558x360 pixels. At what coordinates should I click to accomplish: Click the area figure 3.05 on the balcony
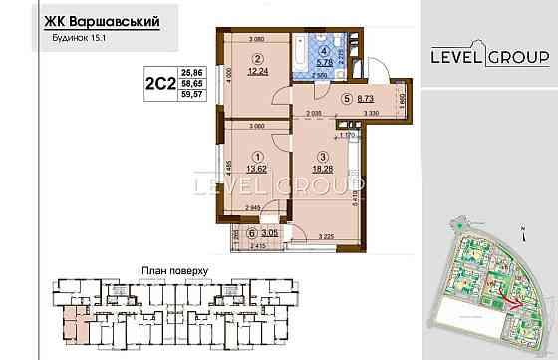point(257,230)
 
